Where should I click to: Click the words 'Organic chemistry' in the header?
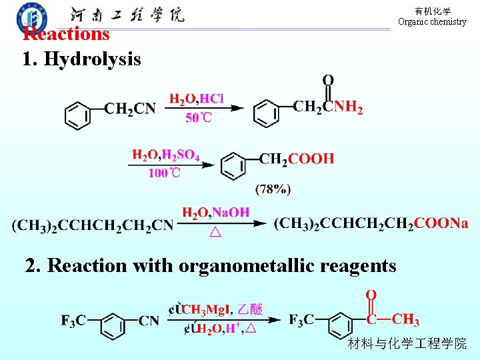click(x=432, y=21)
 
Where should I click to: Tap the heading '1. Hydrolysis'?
click(x=81, y=59)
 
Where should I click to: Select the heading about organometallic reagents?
click(x=211, y=265)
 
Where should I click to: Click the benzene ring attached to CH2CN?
click(x=78, y=114)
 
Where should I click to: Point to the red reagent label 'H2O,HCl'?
click(x=196, y=99)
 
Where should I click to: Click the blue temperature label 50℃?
click(x=198, y=118)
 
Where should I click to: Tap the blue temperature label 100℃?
click(x=164, y=173)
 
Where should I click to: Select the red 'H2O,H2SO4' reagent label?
click(x=166, y=155)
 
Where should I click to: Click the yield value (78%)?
click(x=273, y=189)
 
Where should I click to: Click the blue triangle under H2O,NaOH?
click(x=215, y=233)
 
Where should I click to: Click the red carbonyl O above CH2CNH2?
click(x=328, y=81)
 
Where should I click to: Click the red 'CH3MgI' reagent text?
click(x=205, y=309)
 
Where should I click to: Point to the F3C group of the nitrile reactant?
click(x=73, y=321)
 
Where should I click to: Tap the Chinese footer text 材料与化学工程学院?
click(x=407, y=344)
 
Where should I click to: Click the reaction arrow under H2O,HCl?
click(x=207, y=108)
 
